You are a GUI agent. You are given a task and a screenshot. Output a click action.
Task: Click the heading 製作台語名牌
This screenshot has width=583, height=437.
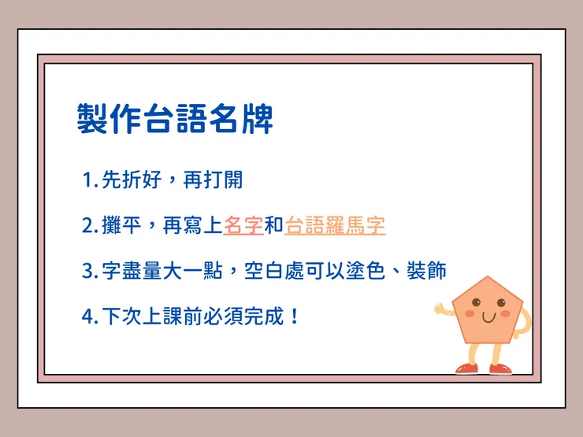pos(175,119)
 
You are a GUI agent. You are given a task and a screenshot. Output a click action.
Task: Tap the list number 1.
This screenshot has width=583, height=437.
pos(87,180)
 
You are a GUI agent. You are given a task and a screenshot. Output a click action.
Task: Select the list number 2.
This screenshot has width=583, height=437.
pos(88,226)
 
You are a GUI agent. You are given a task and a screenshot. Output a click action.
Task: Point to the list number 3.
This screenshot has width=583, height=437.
pos(88,272)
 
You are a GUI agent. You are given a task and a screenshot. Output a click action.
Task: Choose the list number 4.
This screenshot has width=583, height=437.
pos(88,317)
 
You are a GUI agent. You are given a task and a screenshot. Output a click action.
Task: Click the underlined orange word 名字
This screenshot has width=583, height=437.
pos(243,226)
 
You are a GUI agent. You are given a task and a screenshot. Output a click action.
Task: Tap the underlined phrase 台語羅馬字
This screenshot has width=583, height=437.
pos(335,226)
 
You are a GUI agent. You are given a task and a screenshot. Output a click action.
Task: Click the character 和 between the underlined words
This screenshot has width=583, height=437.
pos(273,226)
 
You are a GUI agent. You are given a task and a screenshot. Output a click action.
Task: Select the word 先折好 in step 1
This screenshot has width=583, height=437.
pos(132,180)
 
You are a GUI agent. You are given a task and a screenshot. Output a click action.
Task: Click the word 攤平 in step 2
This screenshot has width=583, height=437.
pos(121,226)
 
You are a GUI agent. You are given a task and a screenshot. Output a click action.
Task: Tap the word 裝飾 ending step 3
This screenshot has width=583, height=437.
pos(426,272)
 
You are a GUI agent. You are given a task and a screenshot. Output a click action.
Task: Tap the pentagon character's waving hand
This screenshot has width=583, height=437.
pos(439,309)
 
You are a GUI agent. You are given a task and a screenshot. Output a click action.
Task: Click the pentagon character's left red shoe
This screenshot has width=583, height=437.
pos(466,368)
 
